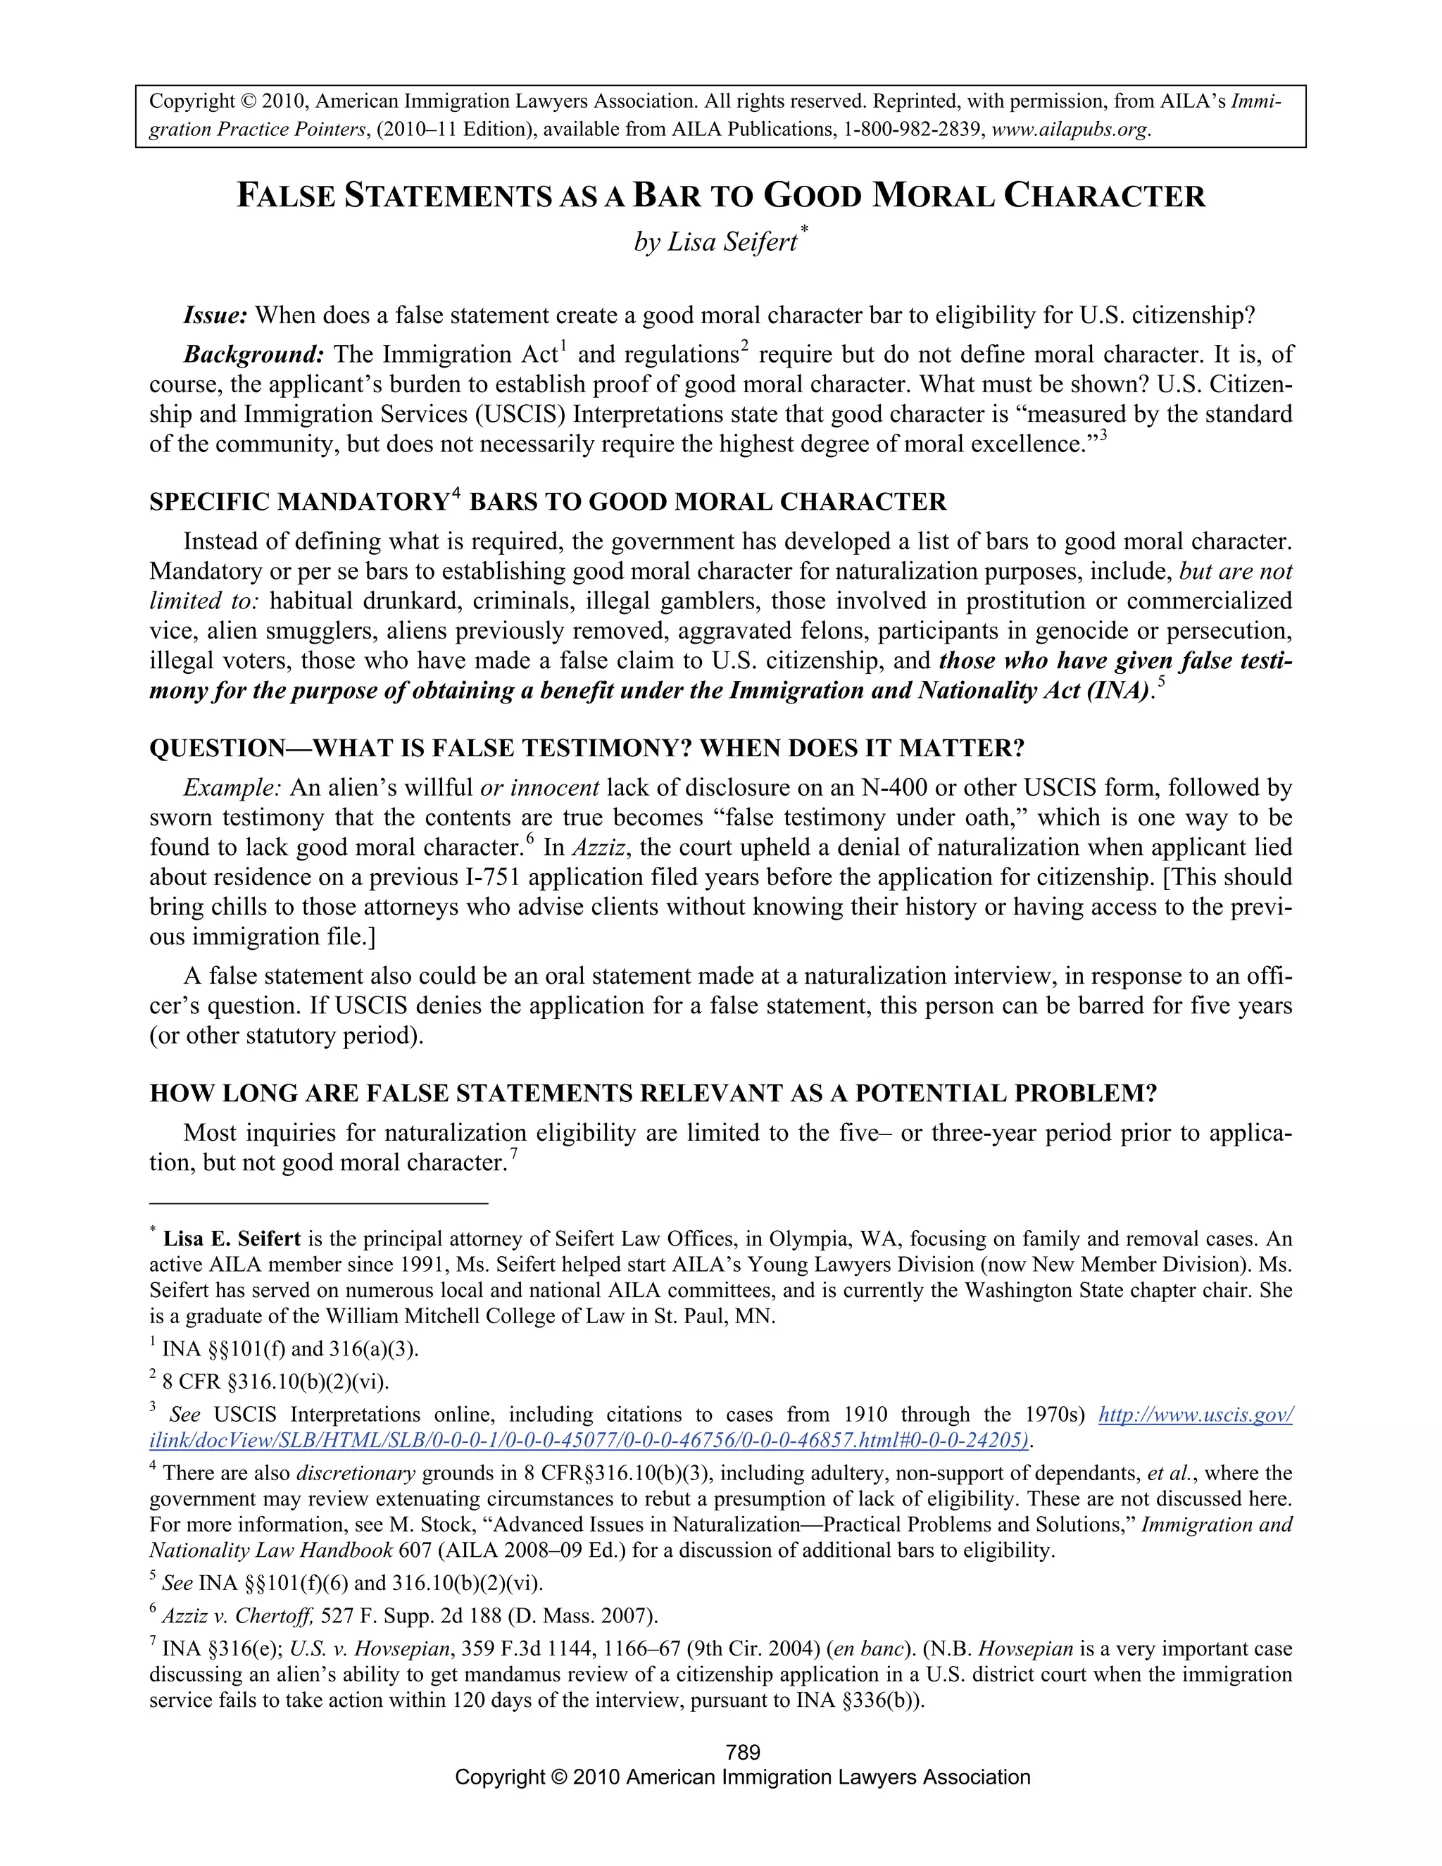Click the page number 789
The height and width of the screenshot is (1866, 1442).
click(x=741, y=1753)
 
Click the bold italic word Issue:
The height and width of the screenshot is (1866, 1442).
click(x=215, y=315)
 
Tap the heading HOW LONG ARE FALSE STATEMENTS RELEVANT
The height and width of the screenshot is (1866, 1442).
click(x=653, y=1094)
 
